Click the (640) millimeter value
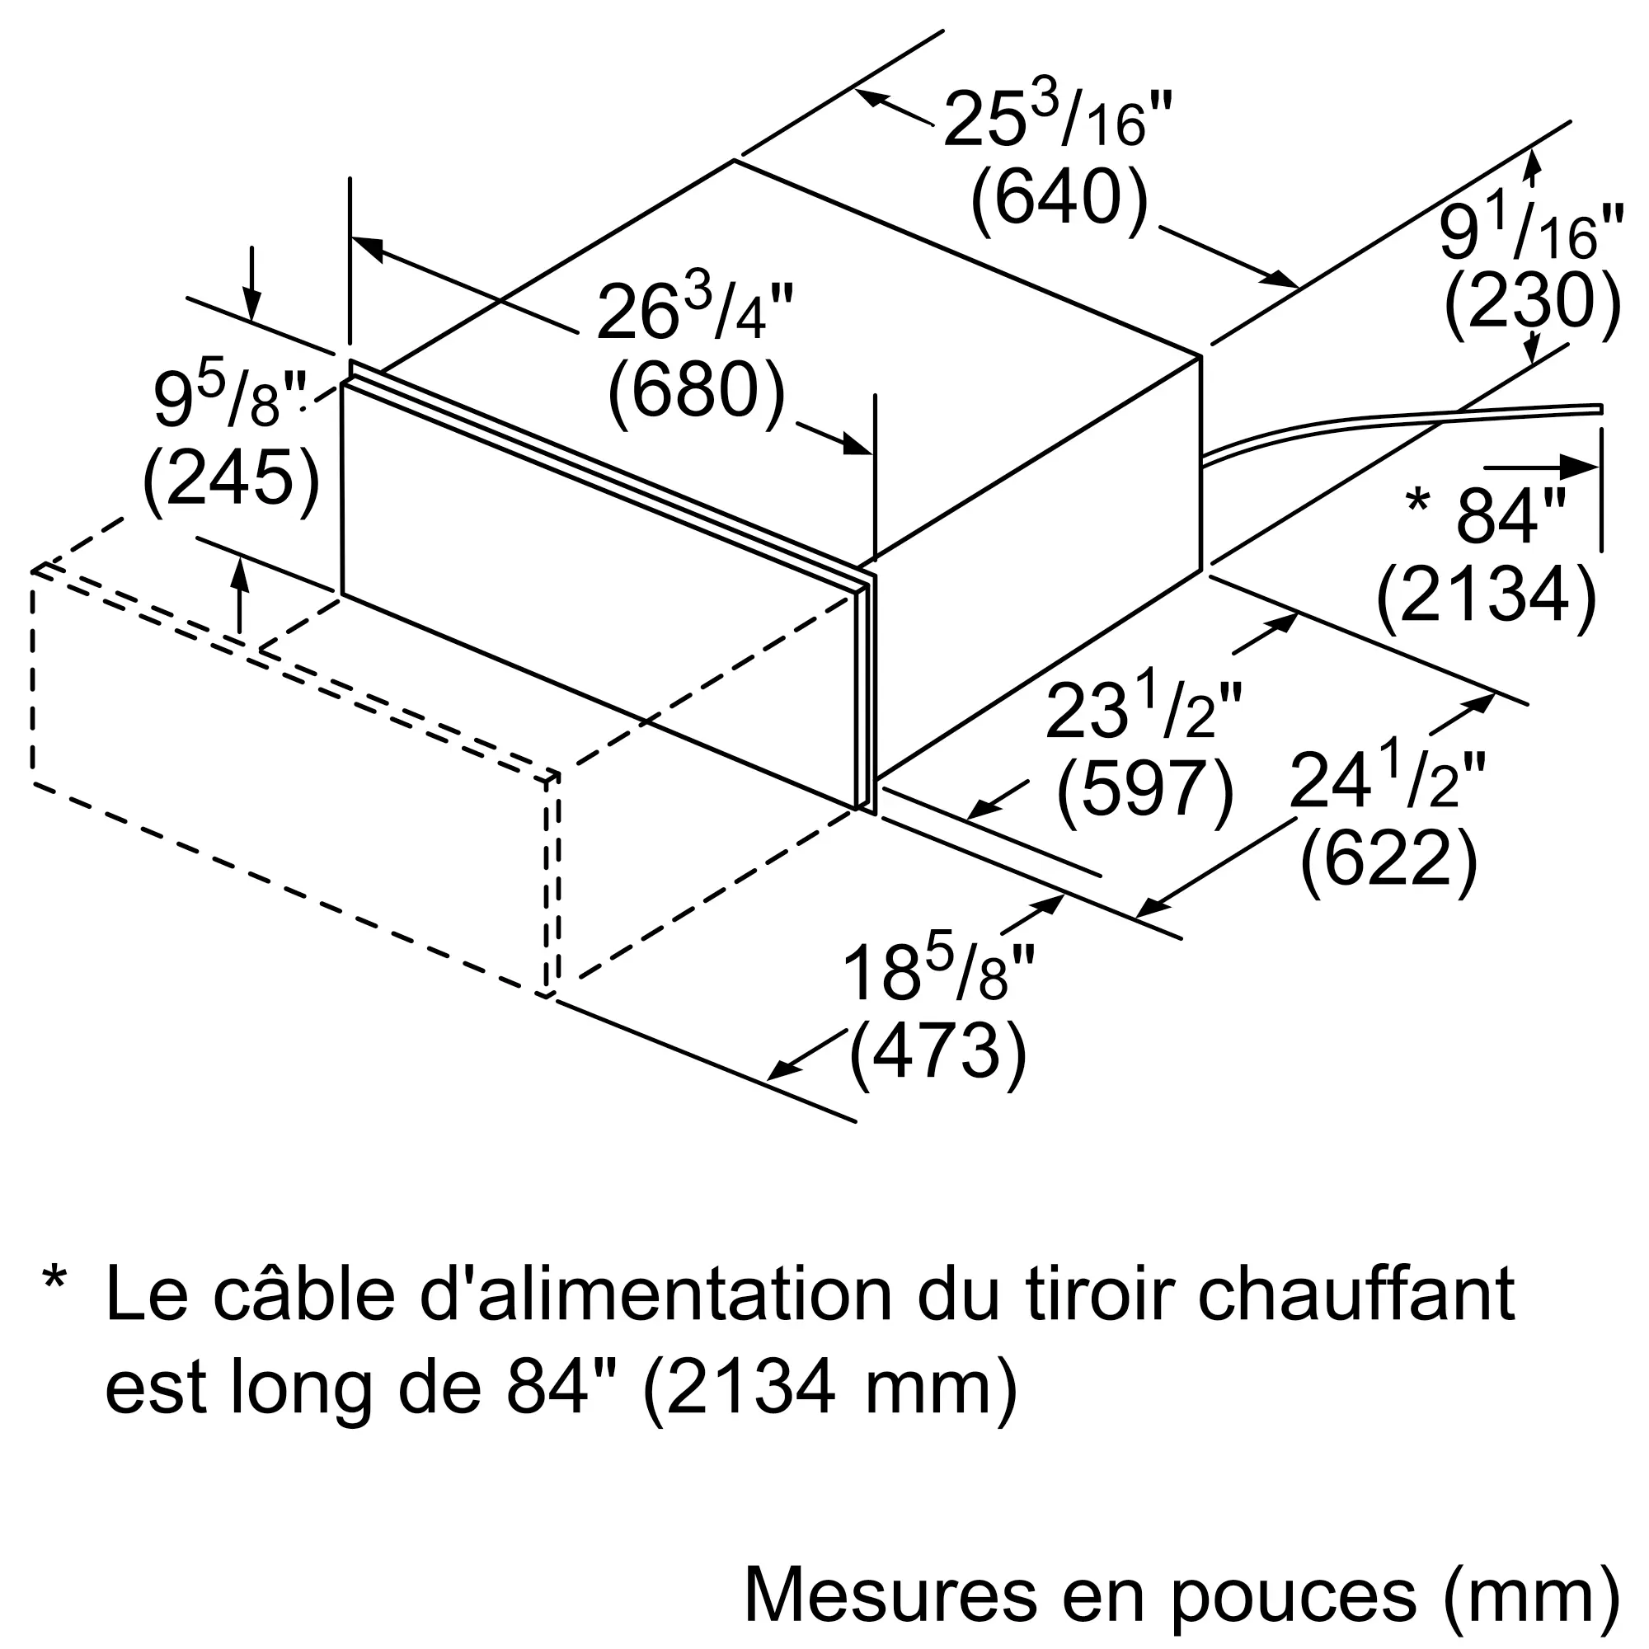(x=1059, y=199)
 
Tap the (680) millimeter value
(x=696, y=392)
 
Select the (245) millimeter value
(x=232, y=480)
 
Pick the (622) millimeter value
(x=1388, y=859)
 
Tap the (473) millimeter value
(x=937, y=1052)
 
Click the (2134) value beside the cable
(x=1486, y=595)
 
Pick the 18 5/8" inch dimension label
(x=937, y=974)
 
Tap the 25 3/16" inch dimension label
(x=1059, y=120)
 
